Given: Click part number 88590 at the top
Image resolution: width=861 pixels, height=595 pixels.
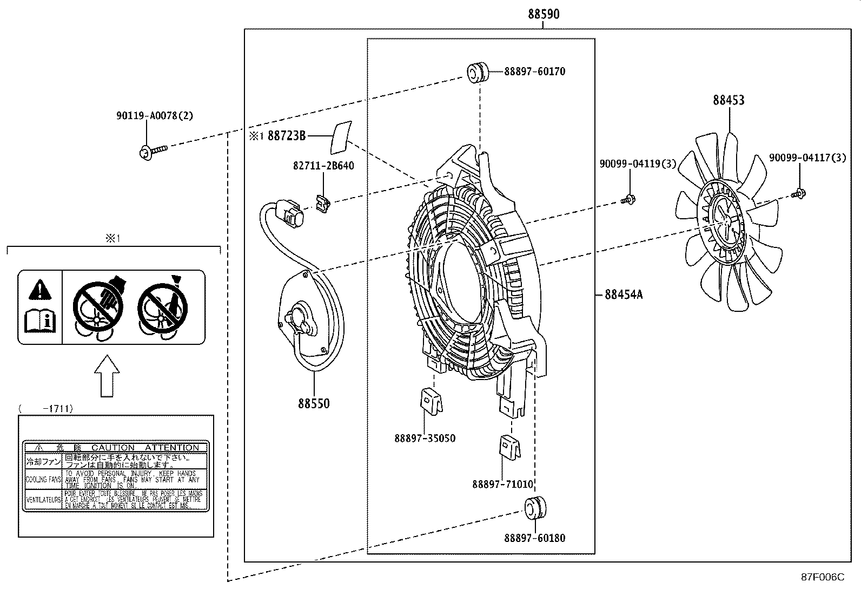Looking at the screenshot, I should click(x=544, y=15).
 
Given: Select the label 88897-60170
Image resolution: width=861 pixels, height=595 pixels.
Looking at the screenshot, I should click(x=534, y=71).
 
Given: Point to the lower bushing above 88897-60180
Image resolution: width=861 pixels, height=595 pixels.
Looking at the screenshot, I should click(x=535, y=507).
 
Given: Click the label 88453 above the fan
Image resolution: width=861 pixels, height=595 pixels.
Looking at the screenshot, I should click(x=728, y=100).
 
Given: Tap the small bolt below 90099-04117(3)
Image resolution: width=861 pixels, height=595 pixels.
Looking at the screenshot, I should click(x=799, y=192).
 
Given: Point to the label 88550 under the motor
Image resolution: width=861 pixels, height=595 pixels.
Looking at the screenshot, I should click(x=313, y=403).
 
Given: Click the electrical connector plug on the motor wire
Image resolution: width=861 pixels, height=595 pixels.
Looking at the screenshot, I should click(x=291, y=214).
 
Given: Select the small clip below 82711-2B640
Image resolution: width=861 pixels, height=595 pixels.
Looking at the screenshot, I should click(x=322, y=204).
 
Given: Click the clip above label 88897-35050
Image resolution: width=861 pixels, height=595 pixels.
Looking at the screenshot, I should click(x=431, y=401).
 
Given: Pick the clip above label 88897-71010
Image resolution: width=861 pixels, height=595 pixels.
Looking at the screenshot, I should click(x=509, y=447).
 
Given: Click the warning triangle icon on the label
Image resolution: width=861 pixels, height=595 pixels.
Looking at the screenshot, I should click(x=39, y=290).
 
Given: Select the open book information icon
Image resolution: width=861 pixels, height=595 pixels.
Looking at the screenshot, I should click(x=40, y=321).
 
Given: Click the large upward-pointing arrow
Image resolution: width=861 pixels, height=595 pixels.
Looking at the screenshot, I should click(x=107, y=376).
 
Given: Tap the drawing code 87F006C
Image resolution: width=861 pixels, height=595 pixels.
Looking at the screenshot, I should click(x=822, y=577).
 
